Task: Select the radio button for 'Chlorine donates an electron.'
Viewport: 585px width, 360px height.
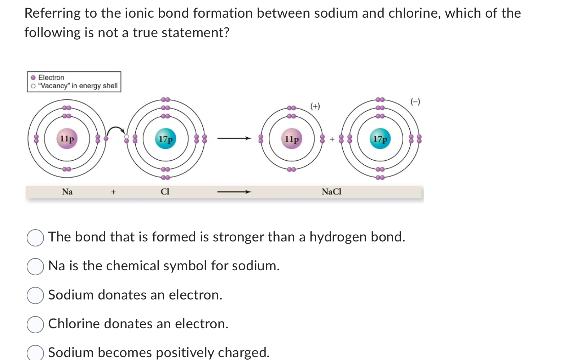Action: pos(35,324)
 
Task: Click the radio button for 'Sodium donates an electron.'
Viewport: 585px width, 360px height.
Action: pos(35,295)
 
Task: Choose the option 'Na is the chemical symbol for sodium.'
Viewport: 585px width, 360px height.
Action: pos(35,266)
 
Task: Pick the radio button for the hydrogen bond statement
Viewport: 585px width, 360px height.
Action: pos(35,237)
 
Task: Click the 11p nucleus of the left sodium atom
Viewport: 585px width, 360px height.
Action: pos(67,139)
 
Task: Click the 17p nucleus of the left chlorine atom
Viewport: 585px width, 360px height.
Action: pos(166,139)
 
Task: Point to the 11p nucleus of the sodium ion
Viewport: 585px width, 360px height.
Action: pos(291,139)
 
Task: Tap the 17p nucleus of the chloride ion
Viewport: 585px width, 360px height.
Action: pos(380,139)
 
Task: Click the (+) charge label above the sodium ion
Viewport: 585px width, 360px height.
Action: pos(315,106)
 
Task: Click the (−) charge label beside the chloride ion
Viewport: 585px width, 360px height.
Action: pos(415,102)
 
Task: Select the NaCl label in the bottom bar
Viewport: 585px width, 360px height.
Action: pos(331,192)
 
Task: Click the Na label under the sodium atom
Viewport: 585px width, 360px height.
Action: pos(67,192)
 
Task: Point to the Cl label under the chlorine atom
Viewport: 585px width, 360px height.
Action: pos(165,192)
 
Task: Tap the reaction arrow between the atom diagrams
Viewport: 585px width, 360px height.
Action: pos(234,138)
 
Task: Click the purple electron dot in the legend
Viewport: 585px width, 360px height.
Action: pos(33,77)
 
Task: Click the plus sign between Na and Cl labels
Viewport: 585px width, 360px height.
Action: pos(113,192)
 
